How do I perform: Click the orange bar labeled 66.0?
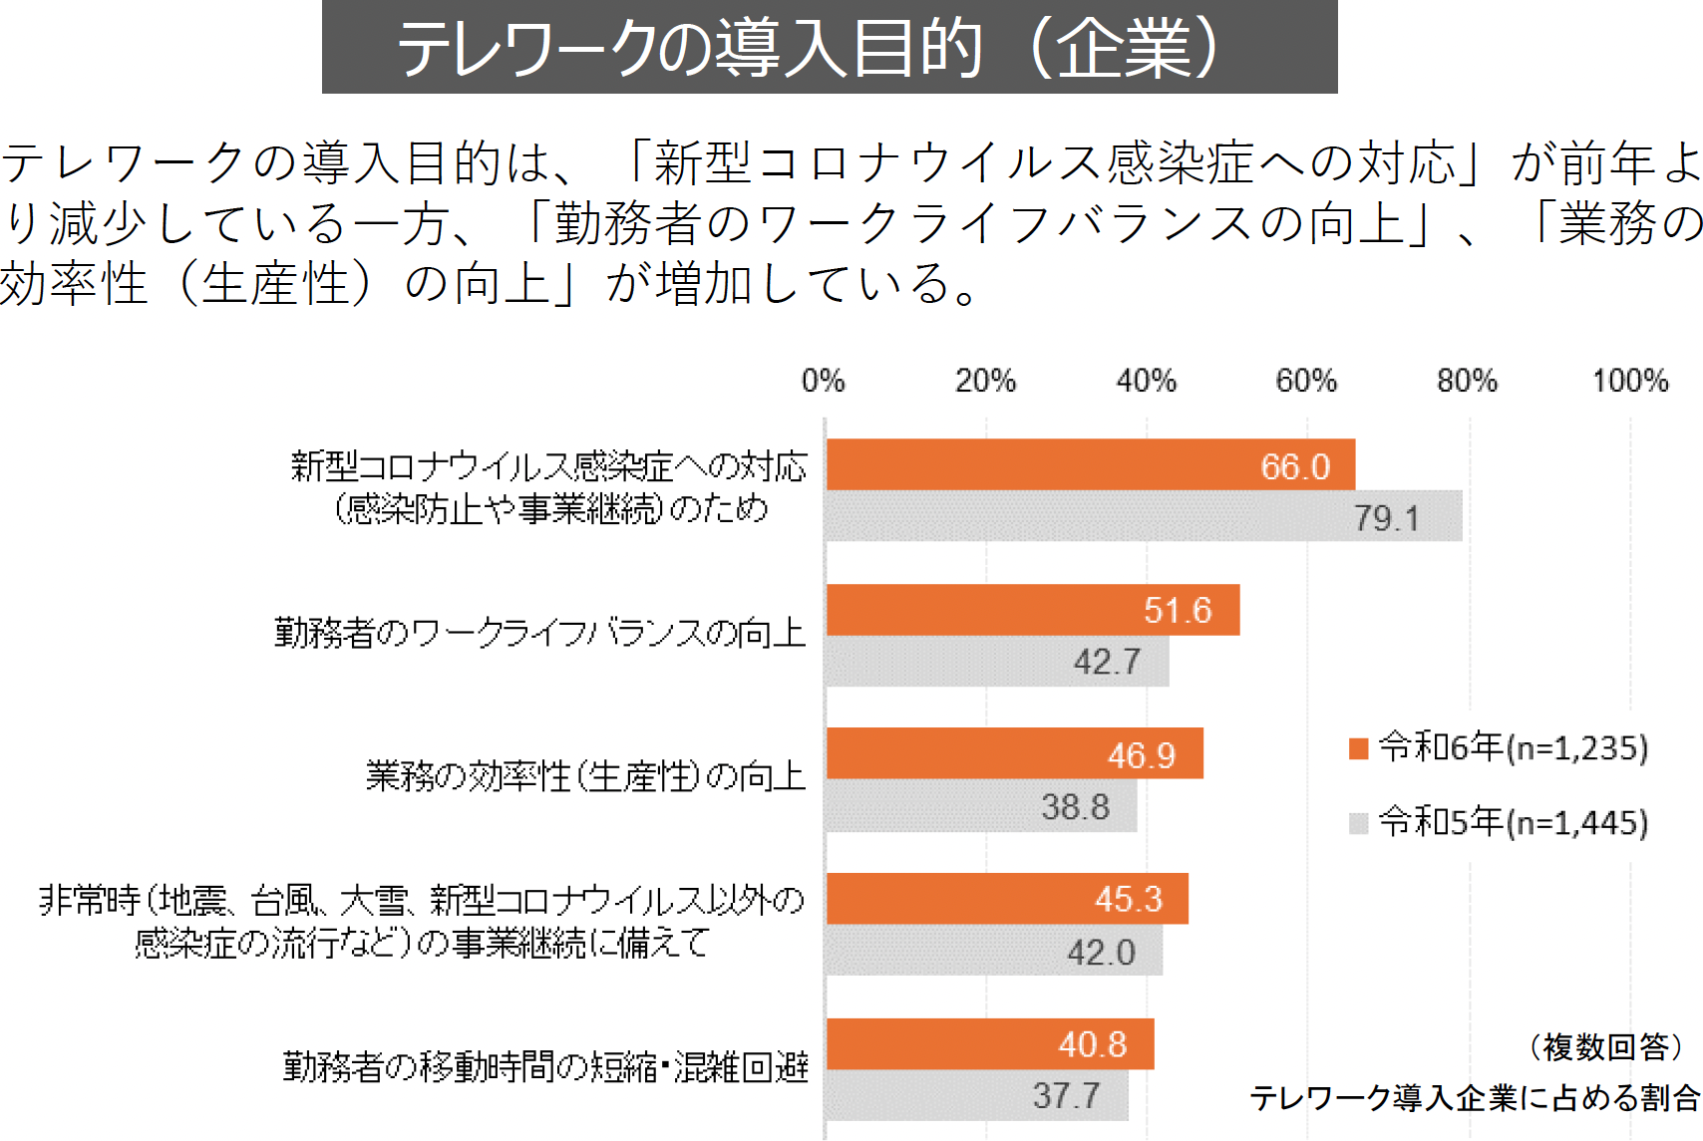point(1090,464)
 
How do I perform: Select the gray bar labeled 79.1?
point(1144,516)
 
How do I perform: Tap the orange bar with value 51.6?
point(1033,610)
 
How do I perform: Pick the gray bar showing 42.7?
point(997,662)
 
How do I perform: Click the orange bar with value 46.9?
point(1014,753)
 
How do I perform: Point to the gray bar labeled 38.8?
point(981,806)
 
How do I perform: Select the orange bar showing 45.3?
point(1007,899)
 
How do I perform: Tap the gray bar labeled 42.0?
point(994,951)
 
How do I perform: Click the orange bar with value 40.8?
point(990,1044)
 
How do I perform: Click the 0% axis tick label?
point(824,381)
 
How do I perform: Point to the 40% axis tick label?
point(1146,381)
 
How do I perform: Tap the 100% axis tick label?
point(1630,381)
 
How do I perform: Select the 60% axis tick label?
point(1306,381)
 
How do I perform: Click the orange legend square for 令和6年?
point(1358,748)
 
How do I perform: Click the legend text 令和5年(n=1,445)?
point(1514,822)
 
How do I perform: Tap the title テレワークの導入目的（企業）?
point(830,48)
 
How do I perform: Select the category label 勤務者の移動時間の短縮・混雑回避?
point(545,1067)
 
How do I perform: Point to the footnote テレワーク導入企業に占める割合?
point(1475,1098)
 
